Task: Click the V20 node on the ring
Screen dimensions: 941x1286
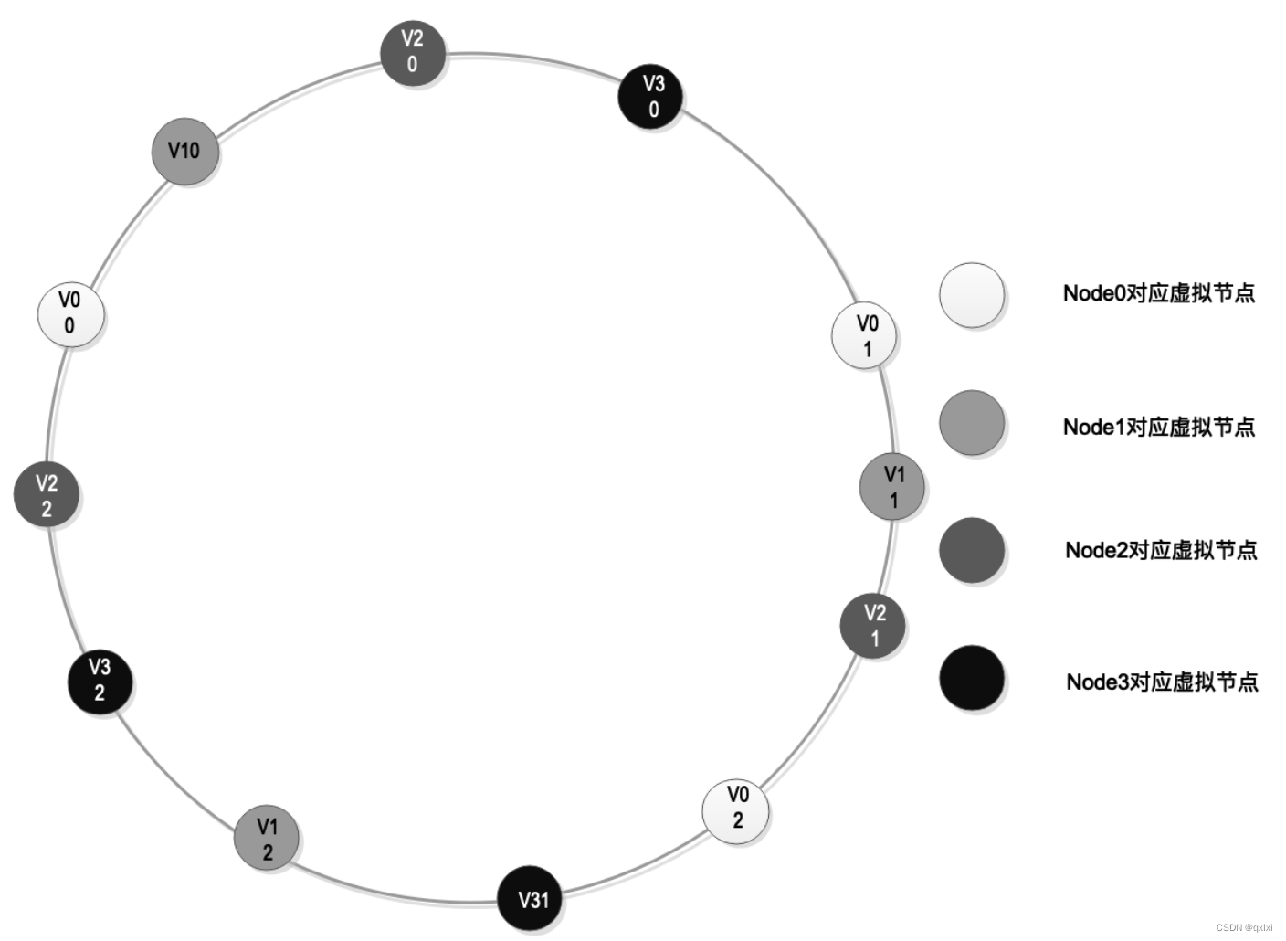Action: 413,53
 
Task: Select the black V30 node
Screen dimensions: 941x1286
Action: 652,96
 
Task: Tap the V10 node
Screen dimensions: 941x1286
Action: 185,151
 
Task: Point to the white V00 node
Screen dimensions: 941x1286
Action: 70,314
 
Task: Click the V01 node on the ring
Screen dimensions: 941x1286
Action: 865,335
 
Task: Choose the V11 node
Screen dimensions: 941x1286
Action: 892,487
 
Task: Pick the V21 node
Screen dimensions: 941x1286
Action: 873,625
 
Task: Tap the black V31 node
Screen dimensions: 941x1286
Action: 531,899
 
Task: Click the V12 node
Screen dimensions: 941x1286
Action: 267,838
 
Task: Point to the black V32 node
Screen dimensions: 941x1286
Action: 100,681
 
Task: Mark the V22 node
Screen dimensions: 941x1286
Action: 47,494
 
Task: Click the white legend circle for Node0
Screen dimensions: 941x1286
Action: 972,295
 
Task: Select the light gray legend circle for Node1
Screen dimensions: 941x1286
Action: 972,423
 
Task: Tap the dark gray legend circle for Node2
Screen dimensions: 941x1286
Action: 972,550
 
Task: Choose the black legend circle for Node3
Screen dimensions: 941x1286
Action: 972,678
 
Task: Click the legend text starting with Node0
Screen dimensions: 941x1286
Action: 1158,293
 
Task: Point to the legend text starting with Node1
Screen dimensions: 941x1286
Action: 1158,427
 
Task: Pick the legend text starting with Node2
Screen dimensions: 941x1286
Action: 1160,550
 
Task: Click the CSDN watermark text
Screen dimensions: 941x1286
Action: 1244,926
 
